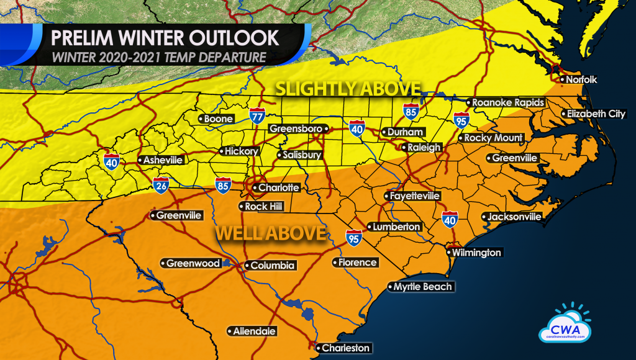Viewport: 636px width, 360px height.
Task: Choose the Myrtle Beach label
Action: click(420, 287)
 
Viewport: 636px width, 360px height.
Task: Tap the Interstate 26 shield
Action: click(160, 184)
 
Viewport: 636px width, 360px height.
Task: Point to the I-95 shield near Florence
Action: click(353, 237)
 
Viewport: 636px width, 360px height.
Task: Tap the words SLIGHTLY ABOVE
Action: click(348, 89)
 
